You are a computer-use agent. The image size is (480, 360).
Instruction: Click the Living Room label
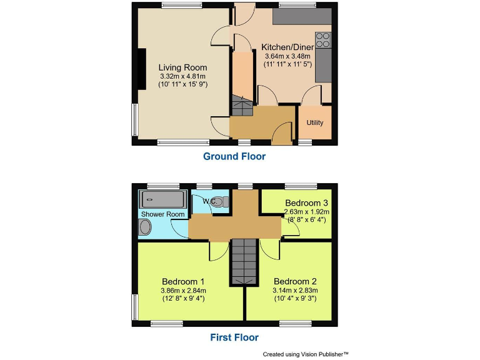click(182, 67)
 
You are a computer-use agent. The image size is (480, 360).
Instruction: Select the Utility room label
click(315, 122)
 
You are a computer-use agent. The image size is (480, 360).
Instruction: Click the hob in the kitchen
click(323, 41)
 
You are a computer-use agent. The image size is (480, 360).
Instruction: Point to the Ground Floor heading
click(234, 156)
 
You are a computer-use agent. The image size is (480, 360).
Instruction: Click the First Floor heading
click(234, 337)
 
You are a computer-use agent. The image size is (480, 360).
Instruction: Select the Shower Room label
click(162, 214)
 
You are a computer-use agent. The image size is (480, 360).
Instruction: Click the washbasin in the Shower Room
click(145, 229)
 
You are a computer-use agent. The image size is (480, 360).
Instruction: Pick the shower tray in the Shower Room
click(163, 200)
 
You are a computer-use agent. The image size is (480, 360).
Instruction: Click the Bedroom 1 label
click(183, 281)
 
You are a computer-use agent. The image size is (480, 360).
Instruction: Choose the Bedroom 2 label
click(296, 281)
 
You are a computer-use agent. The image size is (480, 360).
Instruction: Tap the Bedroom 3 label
click(306, 203)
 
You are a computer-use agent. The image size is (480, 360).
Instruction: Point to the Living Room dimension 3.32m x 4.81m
click(182, 76)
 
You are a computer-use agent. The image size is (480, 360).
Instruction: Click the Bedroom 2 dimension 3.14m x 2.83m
click(296, 290)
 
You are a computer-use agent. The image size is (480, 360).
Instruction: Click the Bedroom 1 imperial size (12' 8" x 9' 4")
click(183, 298)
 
